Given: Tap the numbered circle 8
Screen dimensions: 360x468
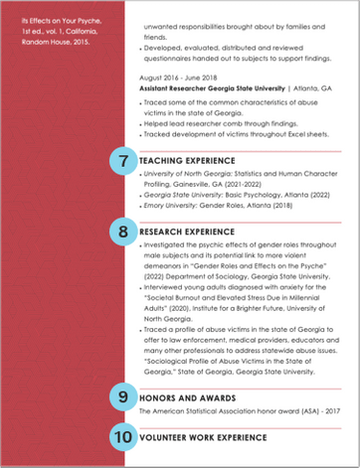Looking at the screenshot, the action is click(123, 233).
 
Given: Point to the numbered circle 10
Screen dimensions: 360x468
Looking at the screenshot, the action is click(123, 435).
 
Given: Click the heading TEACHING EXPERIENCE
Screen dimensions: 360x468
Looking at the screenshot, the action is click(187, 161).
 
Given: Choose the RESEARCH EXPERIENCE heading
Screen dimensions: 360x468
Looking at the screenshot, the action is click(187, 233).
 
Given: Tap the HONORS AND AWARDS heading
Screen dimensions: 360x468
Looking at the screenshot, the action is click(184, 395).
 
